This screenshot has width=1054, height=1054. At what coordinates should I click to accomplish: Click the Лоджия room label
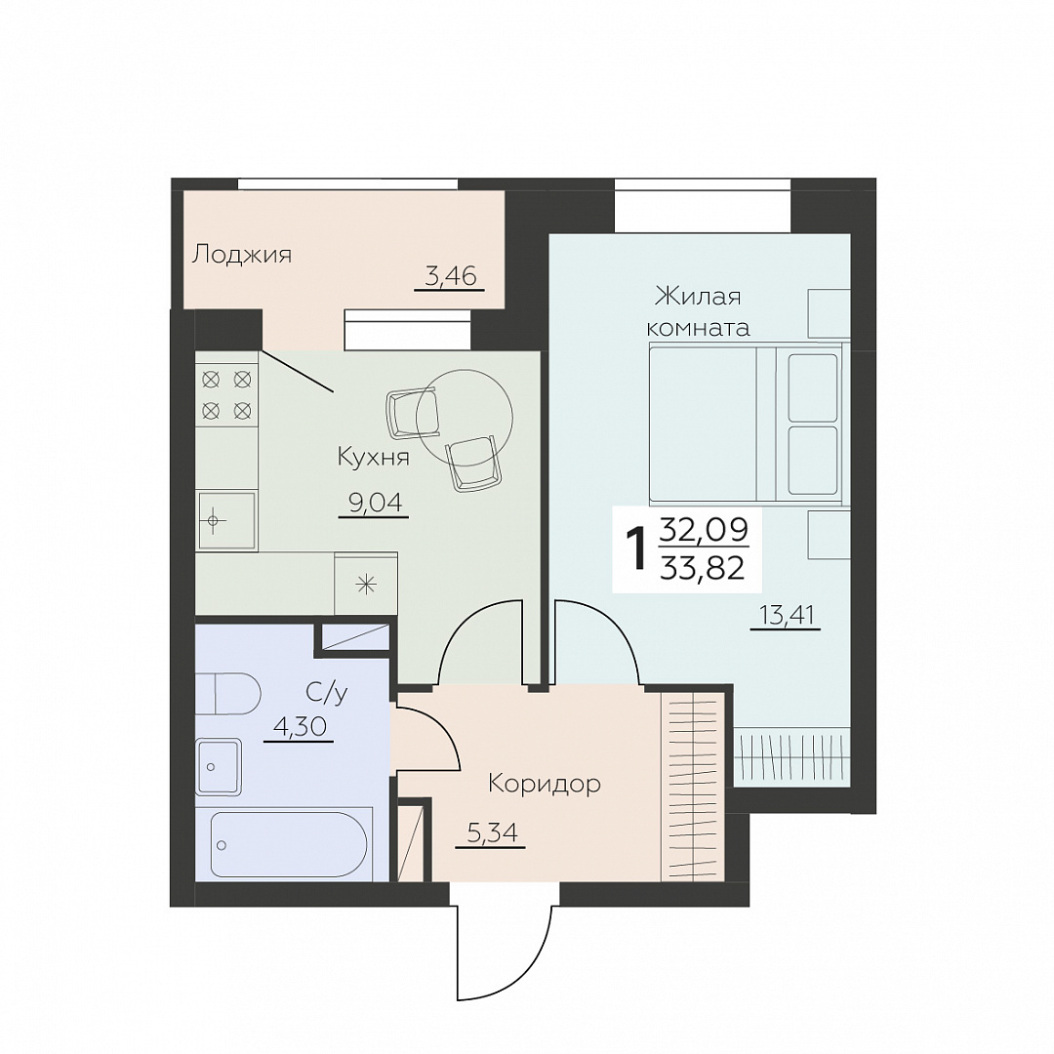click(x=242, y=256)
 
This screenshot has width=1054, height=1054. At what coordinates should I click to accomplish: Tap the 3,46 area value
click(x=450, y=275)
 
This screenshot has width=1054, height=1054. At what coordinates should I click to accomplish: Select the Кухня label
click(x=373, y=458)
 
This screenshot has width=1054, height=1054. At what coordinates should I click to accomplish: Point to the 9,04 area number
click(x=379, y=503)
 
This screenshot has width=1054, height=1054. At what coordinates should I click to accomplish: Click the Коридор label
click(x=545, y=783)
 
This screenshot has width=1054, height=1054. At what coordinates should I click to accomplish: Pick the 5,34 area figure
click(x=491, y=833)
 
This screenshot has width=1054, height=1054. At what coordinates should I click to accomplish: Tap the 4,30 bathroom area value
click(x=300, y=727)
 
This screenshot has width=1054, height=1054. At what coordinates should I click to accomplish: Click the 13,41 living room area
click(x=786, y=615)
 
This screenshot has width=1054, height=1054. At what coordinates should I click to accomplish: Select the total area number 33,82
click(x=703, y=569)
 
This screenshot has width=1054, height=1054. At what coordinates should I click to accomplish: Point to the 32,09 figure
click(x=704, y=530)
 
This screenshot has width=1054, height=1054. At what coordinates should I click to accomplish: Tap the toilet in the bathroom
click(x=227, y=695)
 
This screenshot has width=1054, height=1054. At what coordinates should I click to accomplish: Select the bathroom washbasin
click(x=220, y=766)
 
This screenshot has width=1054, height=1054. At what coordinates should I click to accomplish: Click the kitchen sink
click(x=225, y=521)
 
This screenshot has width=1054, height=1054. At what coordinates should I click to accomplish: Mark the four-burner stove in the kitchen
click(x=227, y=394)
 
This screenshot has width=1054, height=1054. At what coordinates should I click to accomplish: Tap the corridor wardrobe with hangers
click(x=693, y=786)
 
